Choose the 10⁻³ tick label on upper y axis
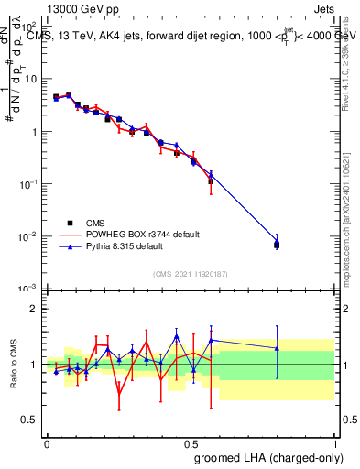29,289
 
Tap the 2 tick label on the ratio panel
35,309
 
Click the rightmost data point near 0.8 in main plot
277,244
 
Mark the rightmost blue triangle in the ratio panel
277,348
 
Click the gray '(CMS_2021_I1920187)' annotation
190,274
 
